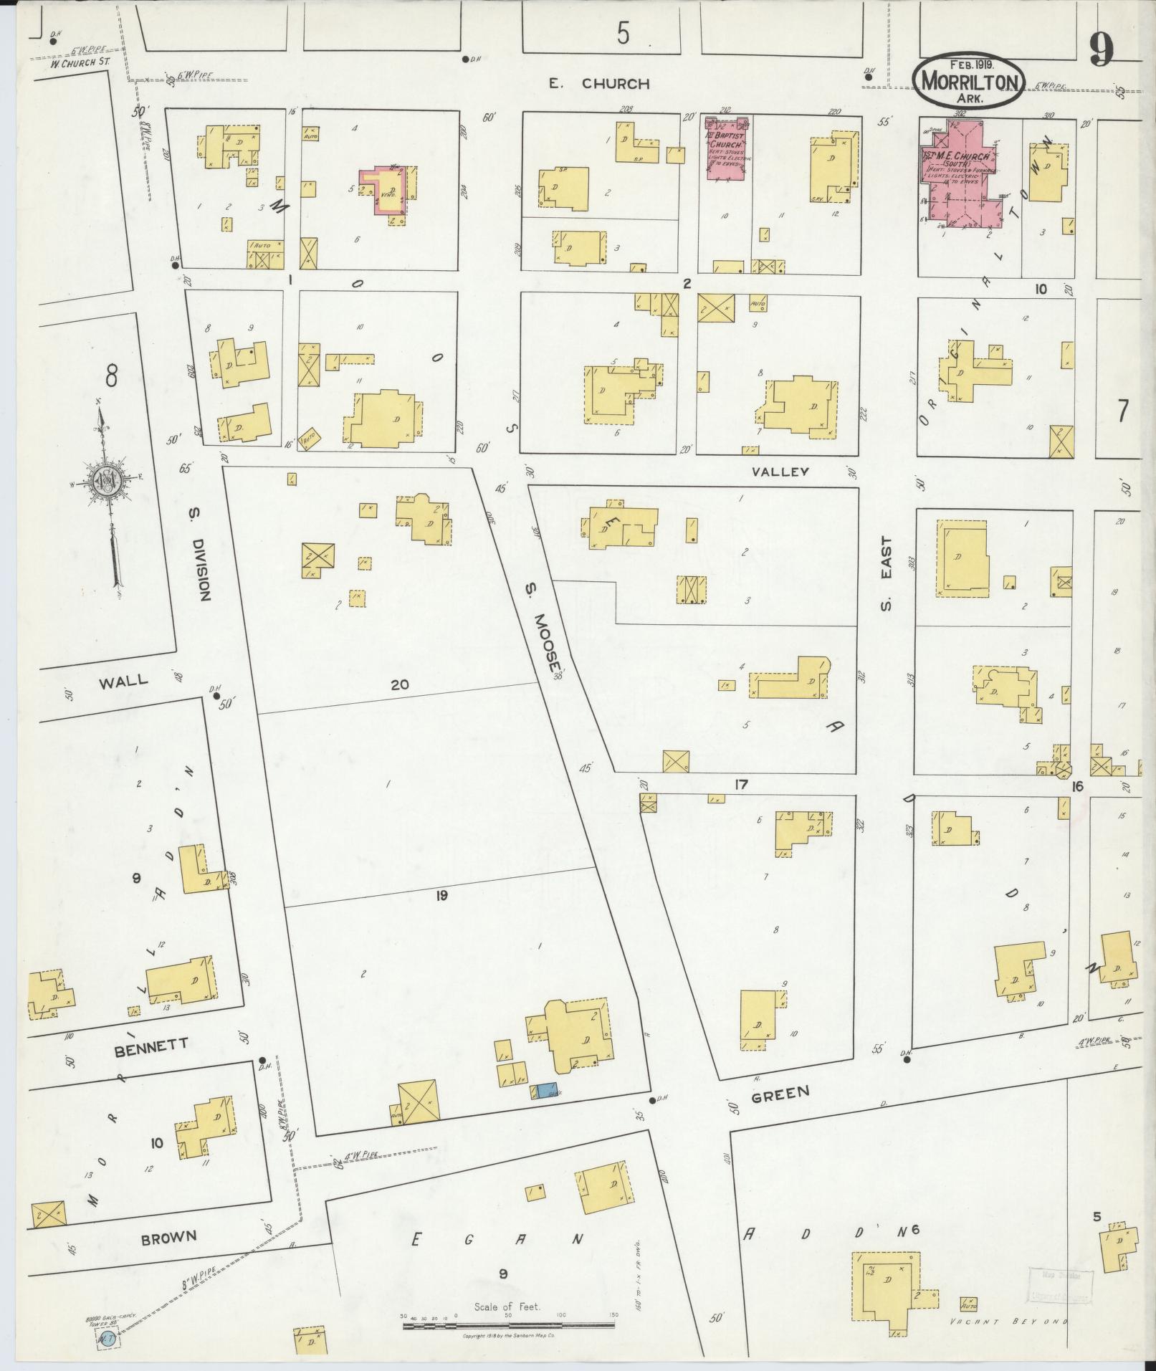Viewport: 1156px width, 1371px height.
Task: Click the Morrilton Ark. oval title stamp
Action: coord(970,82)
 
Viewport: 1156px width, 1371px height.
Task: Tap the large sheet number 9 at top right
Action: coord(1102,50)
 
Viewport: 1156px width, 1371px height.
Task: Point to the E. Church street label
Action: coord(598,84)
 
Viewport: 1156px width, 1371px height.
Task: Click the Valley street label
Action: coord(780,472)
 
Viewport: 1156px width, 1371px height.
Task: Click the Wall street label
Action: coord(123,680)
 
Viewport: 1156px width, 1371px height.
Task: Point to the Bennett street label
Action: coord(151,1045)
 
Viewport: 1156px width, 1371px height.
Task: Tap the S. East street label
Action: coord(887,573)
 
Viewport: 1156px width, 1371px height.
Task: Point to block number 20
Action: coord(400,684)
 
